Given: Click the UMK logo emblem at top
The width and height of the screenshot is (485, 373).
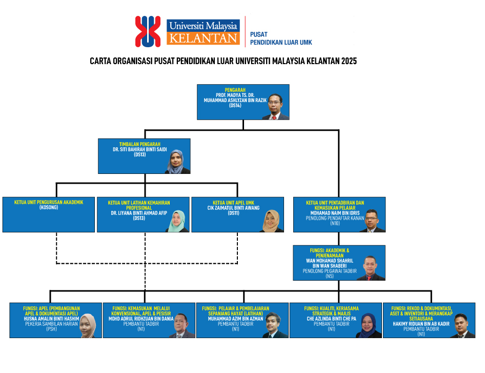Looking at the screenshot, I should (148, 32).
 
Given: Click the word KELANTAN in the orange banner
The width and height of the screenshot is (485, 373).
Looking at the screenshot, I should (203, 38).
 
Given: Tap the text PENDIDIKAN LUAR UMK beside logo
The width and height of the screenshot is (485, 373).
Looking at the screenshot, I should (281, 43).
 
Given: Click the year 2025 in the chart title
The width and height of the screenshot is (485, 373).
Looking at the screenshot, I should (348, 61).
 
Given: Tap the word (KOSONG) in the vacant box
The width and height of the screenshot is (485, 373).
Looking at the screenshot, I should (49, 207).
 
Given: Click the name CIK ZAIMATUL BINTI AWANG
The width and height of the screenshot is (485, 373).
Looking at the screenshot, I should (236, 208).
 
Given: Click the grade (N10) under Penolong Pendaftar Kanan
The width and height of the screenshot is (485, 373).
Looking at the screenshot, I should (335, 223).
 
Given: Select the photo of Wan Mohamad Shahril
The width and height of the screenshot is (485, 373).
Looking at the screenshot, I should (372, 269).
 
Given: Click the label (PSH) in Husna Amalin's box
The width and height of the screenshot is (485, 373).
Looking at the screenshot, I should (51, 329).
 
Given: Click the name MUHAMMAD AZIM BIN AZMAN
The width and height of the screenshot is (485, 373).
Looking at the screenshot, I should (235, 319).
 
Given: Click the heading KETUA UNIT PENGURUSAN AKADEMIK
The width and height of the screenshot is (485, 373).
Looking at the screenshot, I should (49, 202).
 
